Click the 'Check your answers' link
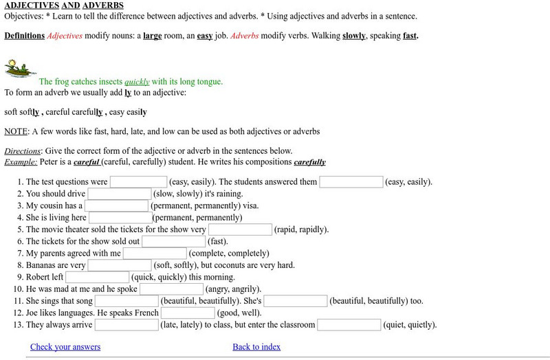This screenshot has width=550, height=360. click(65, 347)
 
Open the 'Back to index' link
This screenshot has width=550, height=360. click(256, 347)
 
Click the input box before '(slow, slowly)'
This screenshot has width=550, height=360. click(119, 194)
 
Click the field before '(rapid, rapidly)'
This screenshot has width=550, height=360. click(240, 229)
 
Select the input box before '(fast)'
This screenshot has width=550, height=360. click(173, 241)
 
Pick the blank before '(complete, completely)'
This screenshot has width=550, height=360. click(155, 254)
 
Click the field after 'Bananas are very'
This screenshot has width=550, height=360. click(120, 265)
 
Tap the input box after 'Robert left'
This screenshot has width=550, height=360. click(97, 277)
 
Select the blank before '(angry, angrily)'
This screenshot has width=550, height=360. click(172, 289)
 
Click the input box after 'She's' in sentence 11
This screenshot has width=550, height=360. click(296, 301)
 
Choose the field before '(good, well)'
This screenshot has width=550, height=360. click(188, 313)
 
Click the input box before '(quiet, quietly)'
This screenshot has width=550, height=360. click(349, 325)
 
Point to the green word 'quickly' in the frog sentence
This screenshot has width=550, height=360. click(137, 82)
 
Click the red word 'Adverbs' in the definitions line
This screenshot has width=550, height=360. click(244, 35)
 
